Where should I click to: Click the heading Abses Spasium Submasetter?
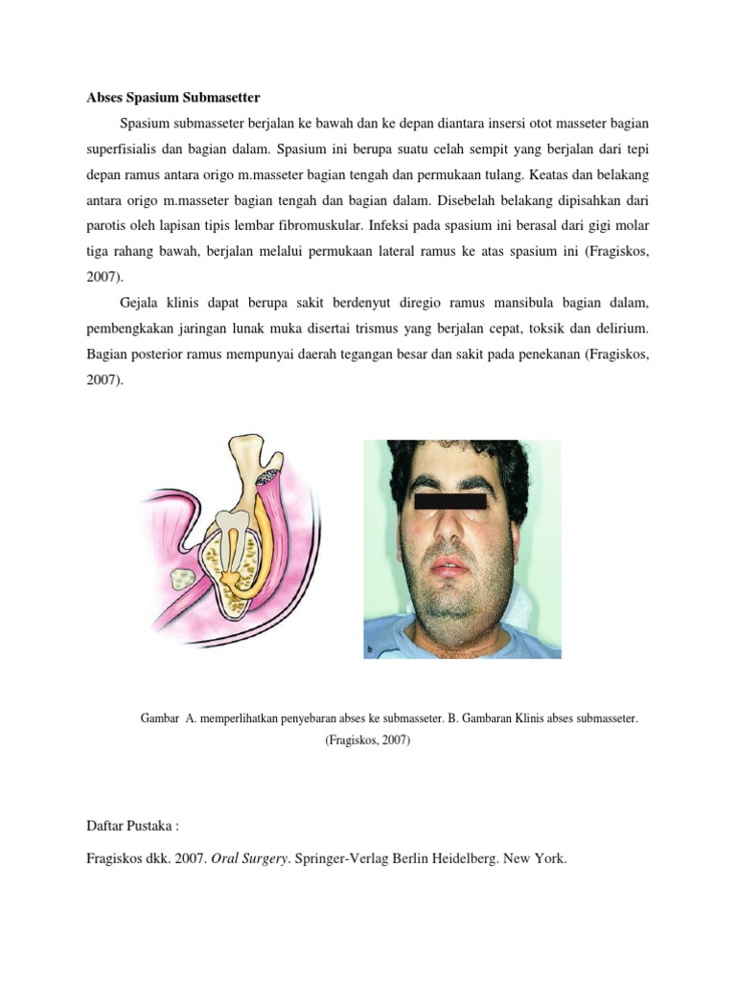pyautogui.click(x=173, y=97)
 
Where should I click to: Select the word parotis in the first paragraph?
pyautogui.click(x=109, y=227)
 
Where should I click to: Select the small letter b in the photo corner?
pyautogui.click(x=370, y=650)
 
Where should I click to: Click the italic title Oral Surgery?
pyautogui.click(x=254, y=859)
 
